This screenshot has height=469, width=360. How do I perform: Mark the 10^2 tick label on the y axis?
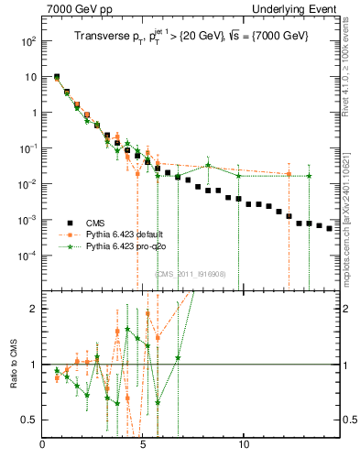point(27,42)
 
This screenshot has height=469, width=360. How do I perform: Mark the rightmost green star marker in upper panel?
point(309,176)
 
